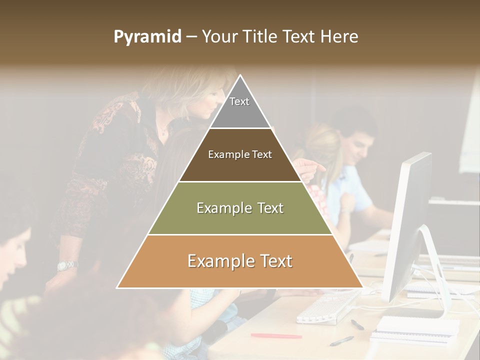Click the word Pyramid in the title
click(x=147, y=37)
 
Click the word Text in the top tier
click(x=239, y=101)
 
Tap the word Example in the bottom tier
click(x=218, y=261)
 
